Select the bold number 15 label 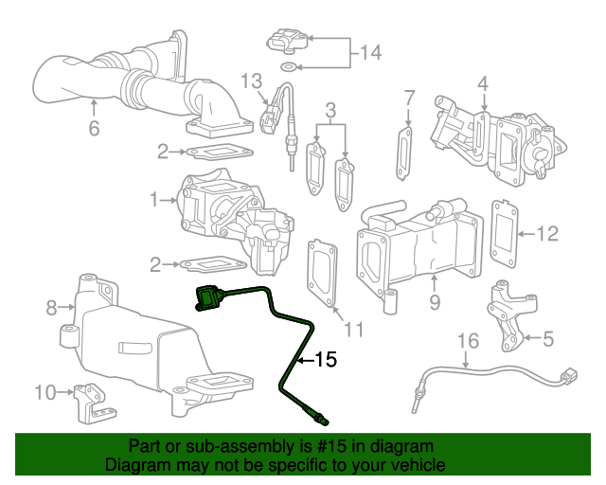(325, 360)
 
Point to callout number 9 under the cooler (435, 302)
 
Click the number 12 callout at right (548, 233)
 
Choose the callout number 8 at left (51, 307)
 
